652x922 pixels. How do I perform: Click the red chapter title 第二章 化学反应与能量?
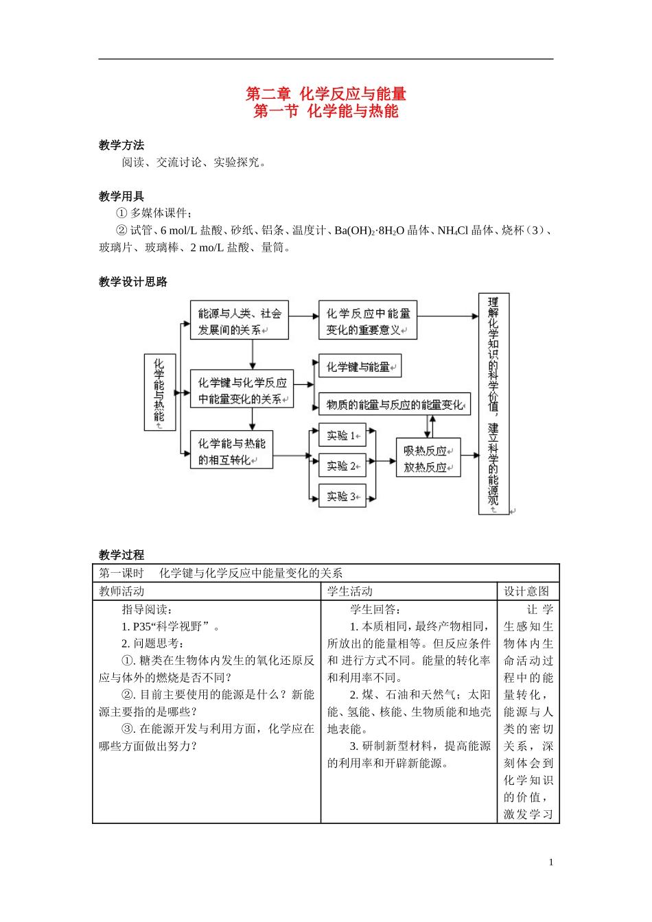326,93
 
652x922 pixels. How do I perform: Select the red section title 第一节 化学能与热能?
326,111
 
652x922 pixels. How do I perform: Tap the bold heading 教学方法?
121,145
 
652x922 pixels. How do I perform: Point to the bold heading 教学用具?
121,196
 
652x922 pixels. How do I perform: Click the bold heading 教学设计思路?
133,282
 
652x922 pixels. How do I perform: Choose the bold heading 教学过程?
121,555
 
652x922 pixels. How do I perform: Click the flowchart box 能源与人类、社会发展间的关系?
239,320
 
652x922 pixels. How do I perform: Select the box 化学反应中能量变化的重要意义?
368,320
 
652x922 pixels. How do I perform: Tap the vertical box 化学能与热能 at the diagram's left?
159,392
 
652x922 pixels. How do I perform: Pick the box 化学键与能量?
360,366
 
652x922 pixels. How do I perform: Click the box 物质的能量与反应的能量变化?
395,405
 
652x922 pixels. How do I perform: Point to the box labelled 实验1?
342,436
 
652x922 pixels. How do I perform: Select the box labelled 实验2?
342,466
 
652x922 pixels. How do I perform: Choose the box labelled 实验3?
342,496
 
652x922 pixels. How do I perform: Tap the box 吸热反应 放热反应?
428,458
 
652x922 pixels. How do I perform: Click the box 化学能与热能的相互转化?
231,451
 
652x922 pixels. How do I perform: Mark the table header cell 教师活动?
121,591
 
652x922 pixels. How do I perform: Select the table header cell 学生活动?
350,591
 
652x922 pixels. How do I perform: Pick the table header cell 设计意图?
526,591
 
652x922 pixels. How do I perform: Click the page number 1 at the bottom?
550,862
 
